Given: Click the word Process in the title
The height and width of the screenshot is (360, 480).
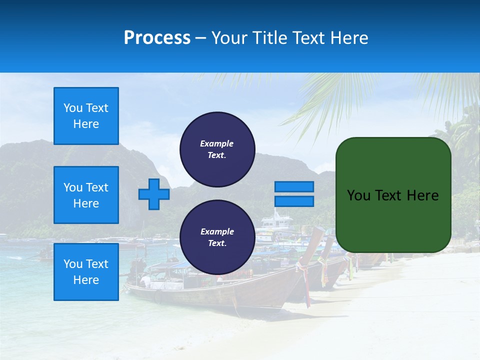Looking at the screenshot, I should pos(157,38).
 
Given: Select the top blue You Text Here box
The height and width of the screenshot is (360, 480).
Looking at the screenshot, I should pos(86,116).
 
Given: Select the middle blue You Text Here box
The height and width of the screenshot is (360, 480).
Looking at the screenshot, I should pos(86,195).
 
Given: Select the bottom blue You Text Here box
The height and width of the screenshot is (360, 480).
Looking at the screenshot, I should pos(86,272).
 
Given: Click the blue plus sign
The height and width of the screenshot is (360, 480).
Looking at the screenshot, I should pos(154,194).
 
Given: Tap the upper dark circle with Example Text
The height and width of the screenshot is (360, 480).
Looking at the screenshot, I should pos(217,149).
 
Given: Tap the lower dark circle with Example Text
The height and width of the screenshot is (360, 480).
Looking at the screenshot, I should pos(217,237).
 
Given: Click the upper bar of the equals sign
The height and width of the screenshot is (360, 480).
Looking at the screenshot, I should pos(294,186).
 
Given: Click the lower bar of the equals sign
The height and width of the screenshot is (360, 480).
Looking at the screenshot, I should pos(294,201).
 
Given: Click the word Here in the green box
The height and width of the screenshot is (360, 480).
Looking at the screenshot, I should pos(422,195).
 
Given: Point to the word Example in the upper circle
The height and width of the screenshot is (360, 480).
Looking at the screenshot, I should pos(217,143).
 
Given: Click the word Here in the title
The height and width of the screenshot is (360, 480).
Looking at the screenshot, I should pos(349,38).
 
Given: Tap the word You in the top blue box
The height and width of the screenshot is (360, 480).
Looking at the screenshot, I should pos(72,108).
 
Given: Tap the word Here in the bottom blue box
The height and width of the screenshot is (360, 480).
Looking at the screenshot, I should pos(86,280).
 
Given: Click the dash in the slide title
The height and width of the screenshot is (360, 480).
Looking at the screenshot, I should pos(201,38).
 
